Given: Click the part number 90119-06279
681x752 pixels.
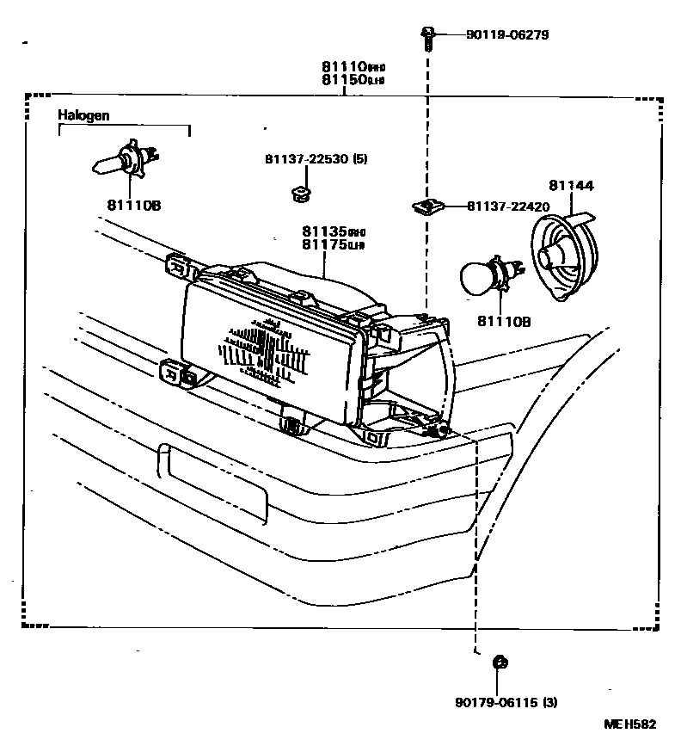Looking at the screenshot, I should pyautogui.click(x=507, y=35).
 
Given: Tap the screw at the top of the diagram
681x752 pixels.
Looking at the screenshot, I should pyautogui.click(x=426, y=36).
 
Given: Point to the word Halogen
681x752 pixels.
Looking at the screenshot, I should pyautogui.click(x=83, y=114).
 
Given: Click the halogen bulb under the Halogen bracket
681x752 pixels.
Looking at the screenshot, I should pyautogui.click(x=123, y=161).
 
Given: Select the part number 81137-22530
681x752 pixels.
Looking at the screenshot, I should pyautogui.click(x=304, y=160).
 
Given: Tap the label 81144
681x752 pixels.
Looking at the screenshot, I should pyautogui.click(x=571, y=185).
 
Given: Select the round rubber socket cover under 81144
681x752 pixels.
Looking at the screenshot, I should pyautogui.click(x=567, y=256).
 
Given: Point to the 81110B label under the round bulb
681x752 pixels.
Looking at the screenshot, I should pyautogui.click(x=505, y=322).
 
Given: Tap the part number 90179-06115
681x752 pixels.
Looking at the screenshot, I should pyautogui.click(x=497, y=702).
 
